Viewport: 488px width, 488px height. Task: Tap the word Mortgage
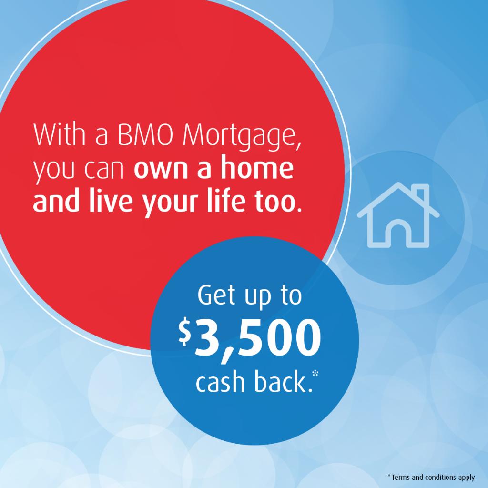coord(243,136)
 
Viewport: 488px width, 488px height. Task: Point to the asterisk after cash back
coord(315,373)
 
